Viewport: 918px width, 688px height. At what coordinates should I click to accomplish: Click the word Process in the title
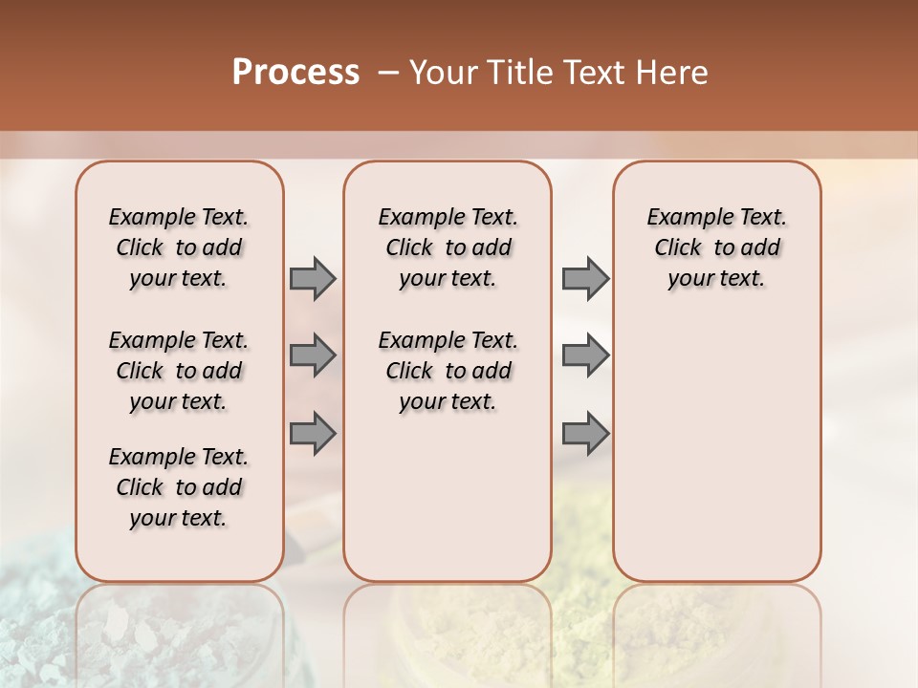point(295,73)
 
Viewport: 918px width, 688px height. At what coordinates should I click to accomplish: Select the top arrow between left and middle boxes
point(313,278)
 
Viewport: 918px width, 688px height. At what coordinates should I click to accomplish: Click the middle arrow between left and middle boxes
point(313,355)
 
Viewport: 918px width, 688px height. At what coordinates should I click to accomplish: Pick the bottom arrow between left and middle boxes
point(313,433)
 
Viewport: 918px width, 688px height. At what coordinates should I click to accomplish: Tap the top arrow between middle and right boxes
point(585,278)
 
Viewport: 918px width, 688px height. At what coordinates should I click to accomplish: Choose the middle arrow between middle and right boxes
point(585,355)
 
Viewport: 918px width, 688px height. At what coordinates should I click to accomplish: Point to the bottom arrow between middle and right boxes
point(585,433)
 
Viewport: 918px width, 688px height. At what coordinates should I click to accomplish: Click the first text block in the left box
point(179,247)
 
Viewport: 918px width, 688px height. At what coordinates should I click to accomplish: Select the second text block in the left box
point(179,371)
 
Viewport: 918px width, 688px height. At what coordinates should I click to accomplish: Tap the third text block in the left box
point(179,487)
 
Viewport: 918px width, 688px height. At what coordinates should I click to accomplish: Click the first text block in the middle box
point(448,247)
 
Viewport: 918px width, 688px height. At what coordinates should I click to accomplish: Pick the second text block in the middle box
point(448,371)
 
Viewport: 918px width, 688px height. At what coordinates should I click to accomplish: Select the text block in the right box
point(717,247)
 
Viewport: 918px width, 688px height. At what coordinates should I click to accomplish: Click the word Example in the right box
point(682,218)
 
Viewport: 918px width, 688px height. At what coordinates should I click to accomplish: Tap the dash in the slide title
point(387,74)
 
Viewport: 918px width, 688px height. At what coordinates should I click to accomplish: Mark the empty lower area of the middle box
point(448,497)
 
